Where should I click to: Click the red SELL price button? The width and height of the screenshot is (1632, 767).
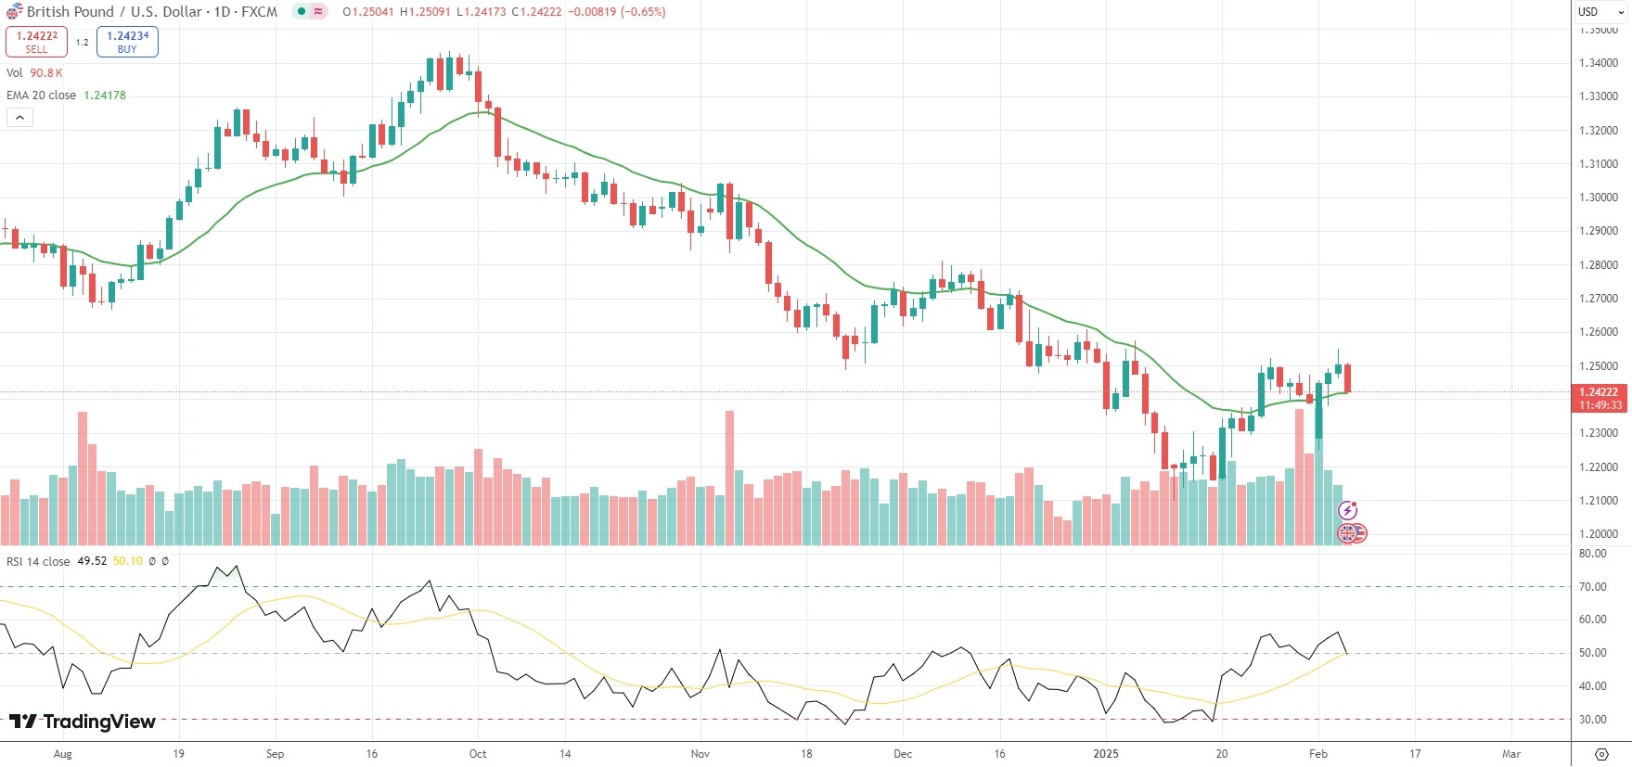36,42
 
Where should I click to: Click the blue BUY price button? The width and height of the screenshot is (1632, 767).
127,42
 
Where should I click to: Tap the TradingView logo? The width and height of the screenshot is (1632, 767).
83,722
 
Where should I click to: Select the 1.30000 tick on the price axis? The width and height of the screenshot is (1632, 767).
1599,198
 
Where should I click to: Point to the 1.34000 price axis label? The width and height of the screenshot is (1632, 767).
1599,63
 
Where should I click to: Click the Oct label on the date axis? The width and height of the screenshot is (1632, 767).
478,754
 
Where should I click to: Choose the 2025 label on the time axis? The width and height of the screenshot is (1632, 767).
1106,754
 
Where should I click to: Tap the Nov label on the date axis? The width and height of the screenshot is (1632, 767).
700,754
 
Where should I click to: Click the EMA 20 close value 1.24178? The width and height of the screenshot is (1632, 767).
105,96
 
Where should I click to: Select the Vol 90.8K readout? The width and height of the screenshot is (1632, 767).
45,73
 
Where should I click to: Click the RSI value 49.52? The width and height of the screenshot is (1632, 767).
92,561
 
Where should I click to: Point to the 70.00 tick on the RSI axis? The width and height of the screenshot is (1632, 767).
1592,586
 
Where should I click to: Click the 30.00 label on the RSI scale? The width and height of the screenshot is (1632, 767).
1592,720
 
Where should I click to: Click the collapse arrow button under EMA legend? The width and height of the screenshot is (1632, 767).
19,117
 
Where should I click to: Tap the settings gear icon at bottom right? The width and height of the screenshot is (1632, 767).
1601,753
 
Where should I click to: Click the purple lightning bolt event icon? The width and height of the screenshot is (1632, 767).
1348,510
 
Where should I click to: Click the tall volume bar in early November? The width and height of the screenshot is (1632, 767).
729,478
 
